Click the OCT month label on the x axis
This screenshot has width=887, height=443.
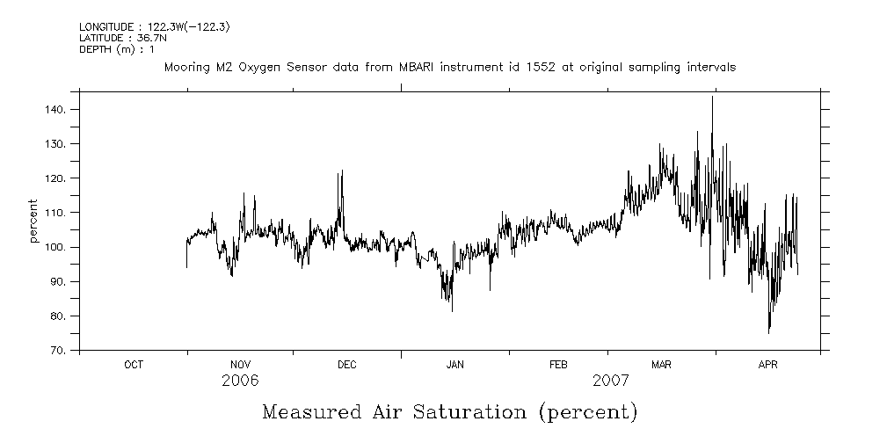(x=134, y=365)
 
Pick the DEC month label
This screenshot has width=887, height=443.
(x=346, y=365)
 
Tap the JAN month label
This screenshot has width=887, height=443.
(x=454, y=365)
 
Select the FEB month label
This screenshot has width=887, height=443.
(x=558, y=365)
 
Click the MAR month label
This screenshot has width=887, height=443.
(x=661, y=365)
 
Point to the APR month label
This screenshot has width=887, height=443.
(x=768, y=365)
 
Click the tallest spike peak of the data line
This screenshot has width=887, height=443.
(x=712, y=97)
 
